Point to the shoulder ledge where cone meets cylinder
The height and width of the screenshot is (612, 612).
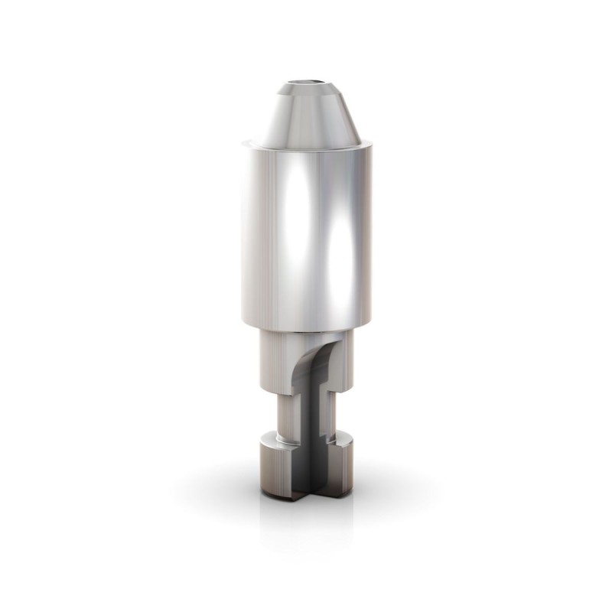point(252,142)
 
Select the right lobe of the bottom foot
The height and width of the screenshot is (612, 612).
point(343,467)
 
